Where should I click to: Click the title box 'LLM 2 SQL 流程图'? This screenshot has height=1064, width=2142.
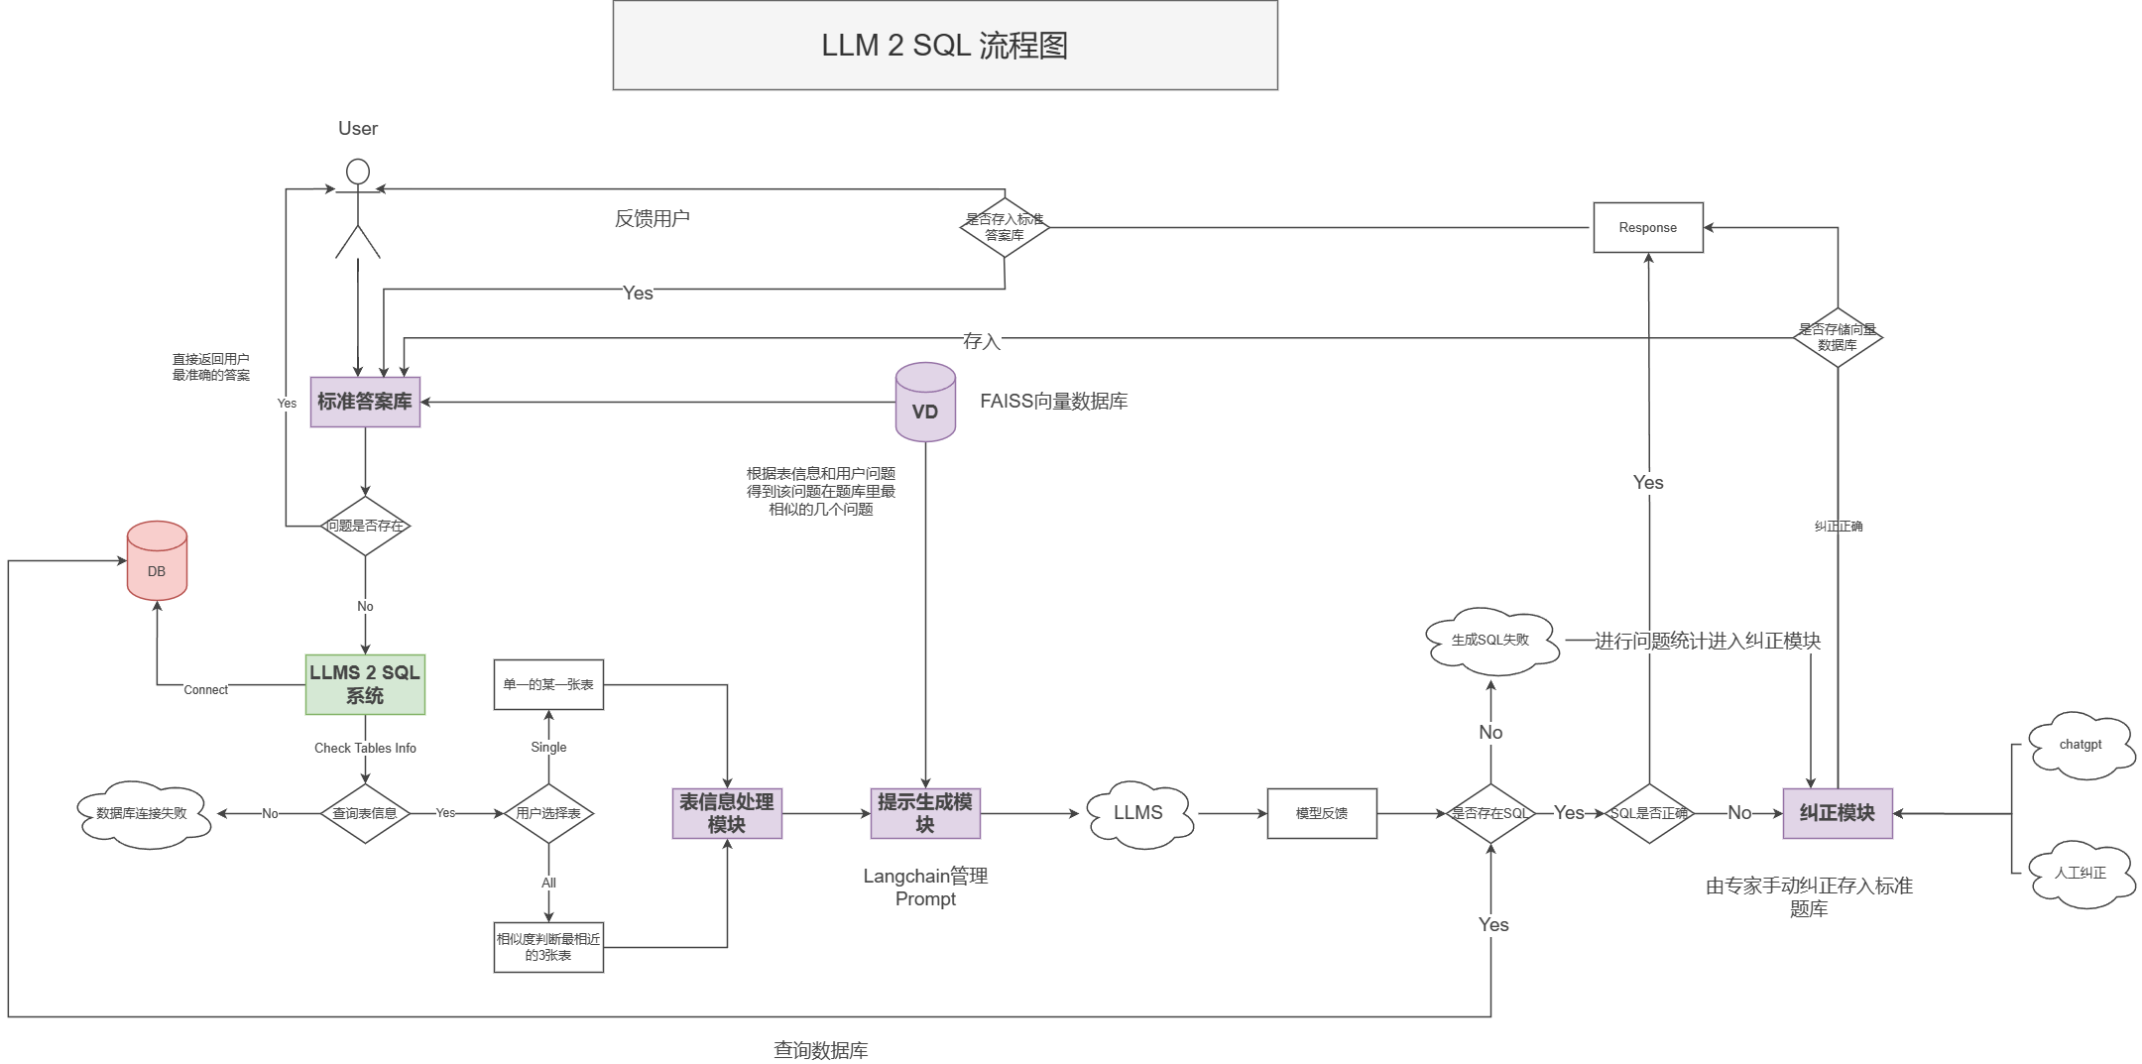(944, 46)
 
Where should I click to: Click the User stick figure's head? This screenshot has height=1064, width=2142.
(358, 172)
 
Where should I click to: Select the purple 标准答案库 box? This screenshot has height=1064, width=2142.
(365, 402)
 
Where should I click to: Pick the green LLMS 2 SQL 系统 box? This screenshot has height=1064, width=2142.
(365, 684)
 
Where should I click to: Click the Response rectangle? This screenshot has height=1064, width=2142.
(1647, 228)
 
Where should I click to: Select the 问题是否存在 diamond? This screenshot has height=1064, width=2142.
(365, 526)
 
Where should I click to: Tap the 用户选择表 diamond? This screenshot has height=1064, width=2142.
(548, 813)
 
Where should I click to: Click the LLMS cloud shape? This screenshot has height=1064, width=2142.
(1138, 814)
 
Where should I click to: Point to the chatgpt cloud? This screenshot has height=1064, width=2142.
(2081, 746)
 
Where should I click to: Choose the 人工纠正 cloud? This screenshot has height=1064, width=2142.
(2081, 874)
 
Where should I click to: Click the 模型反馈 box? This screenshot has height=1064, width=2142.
(1321, 813)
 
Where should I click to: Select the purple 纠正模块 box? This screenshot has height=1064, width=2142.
(1837, 813)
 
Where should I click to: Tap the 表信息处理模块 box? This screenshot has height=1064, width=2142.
(727, 813)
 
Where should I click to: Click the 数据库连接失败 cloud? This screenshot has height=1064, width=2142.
(143, 814)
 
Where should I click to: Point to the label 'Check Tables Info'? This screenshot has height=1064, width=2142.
(365, 748)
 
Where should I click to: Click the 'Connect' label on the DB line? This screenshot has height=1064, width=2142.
(205, 690)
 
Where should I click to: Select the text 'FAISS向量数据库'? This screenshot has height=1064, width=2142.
(1053, 402)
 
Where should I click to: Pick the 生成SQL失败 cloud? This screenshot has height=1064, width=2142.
(1489, 641)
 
